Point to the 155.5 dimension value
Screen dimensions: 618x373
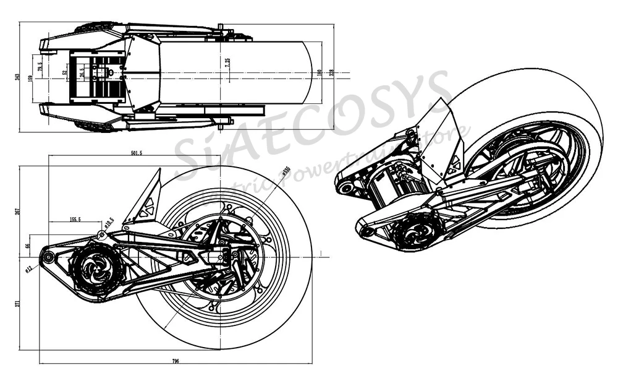[75, 219]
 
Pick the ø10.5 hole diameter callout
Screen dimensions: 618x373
[108, 223]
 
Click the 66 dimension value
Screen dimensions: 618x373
[27, 246]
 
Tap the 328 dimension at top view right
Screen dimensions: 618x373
[332, 73]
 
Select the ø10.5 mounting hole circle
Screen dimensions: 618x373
[101, 234]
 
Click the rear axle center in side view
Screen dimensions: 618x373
[225, 254]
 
